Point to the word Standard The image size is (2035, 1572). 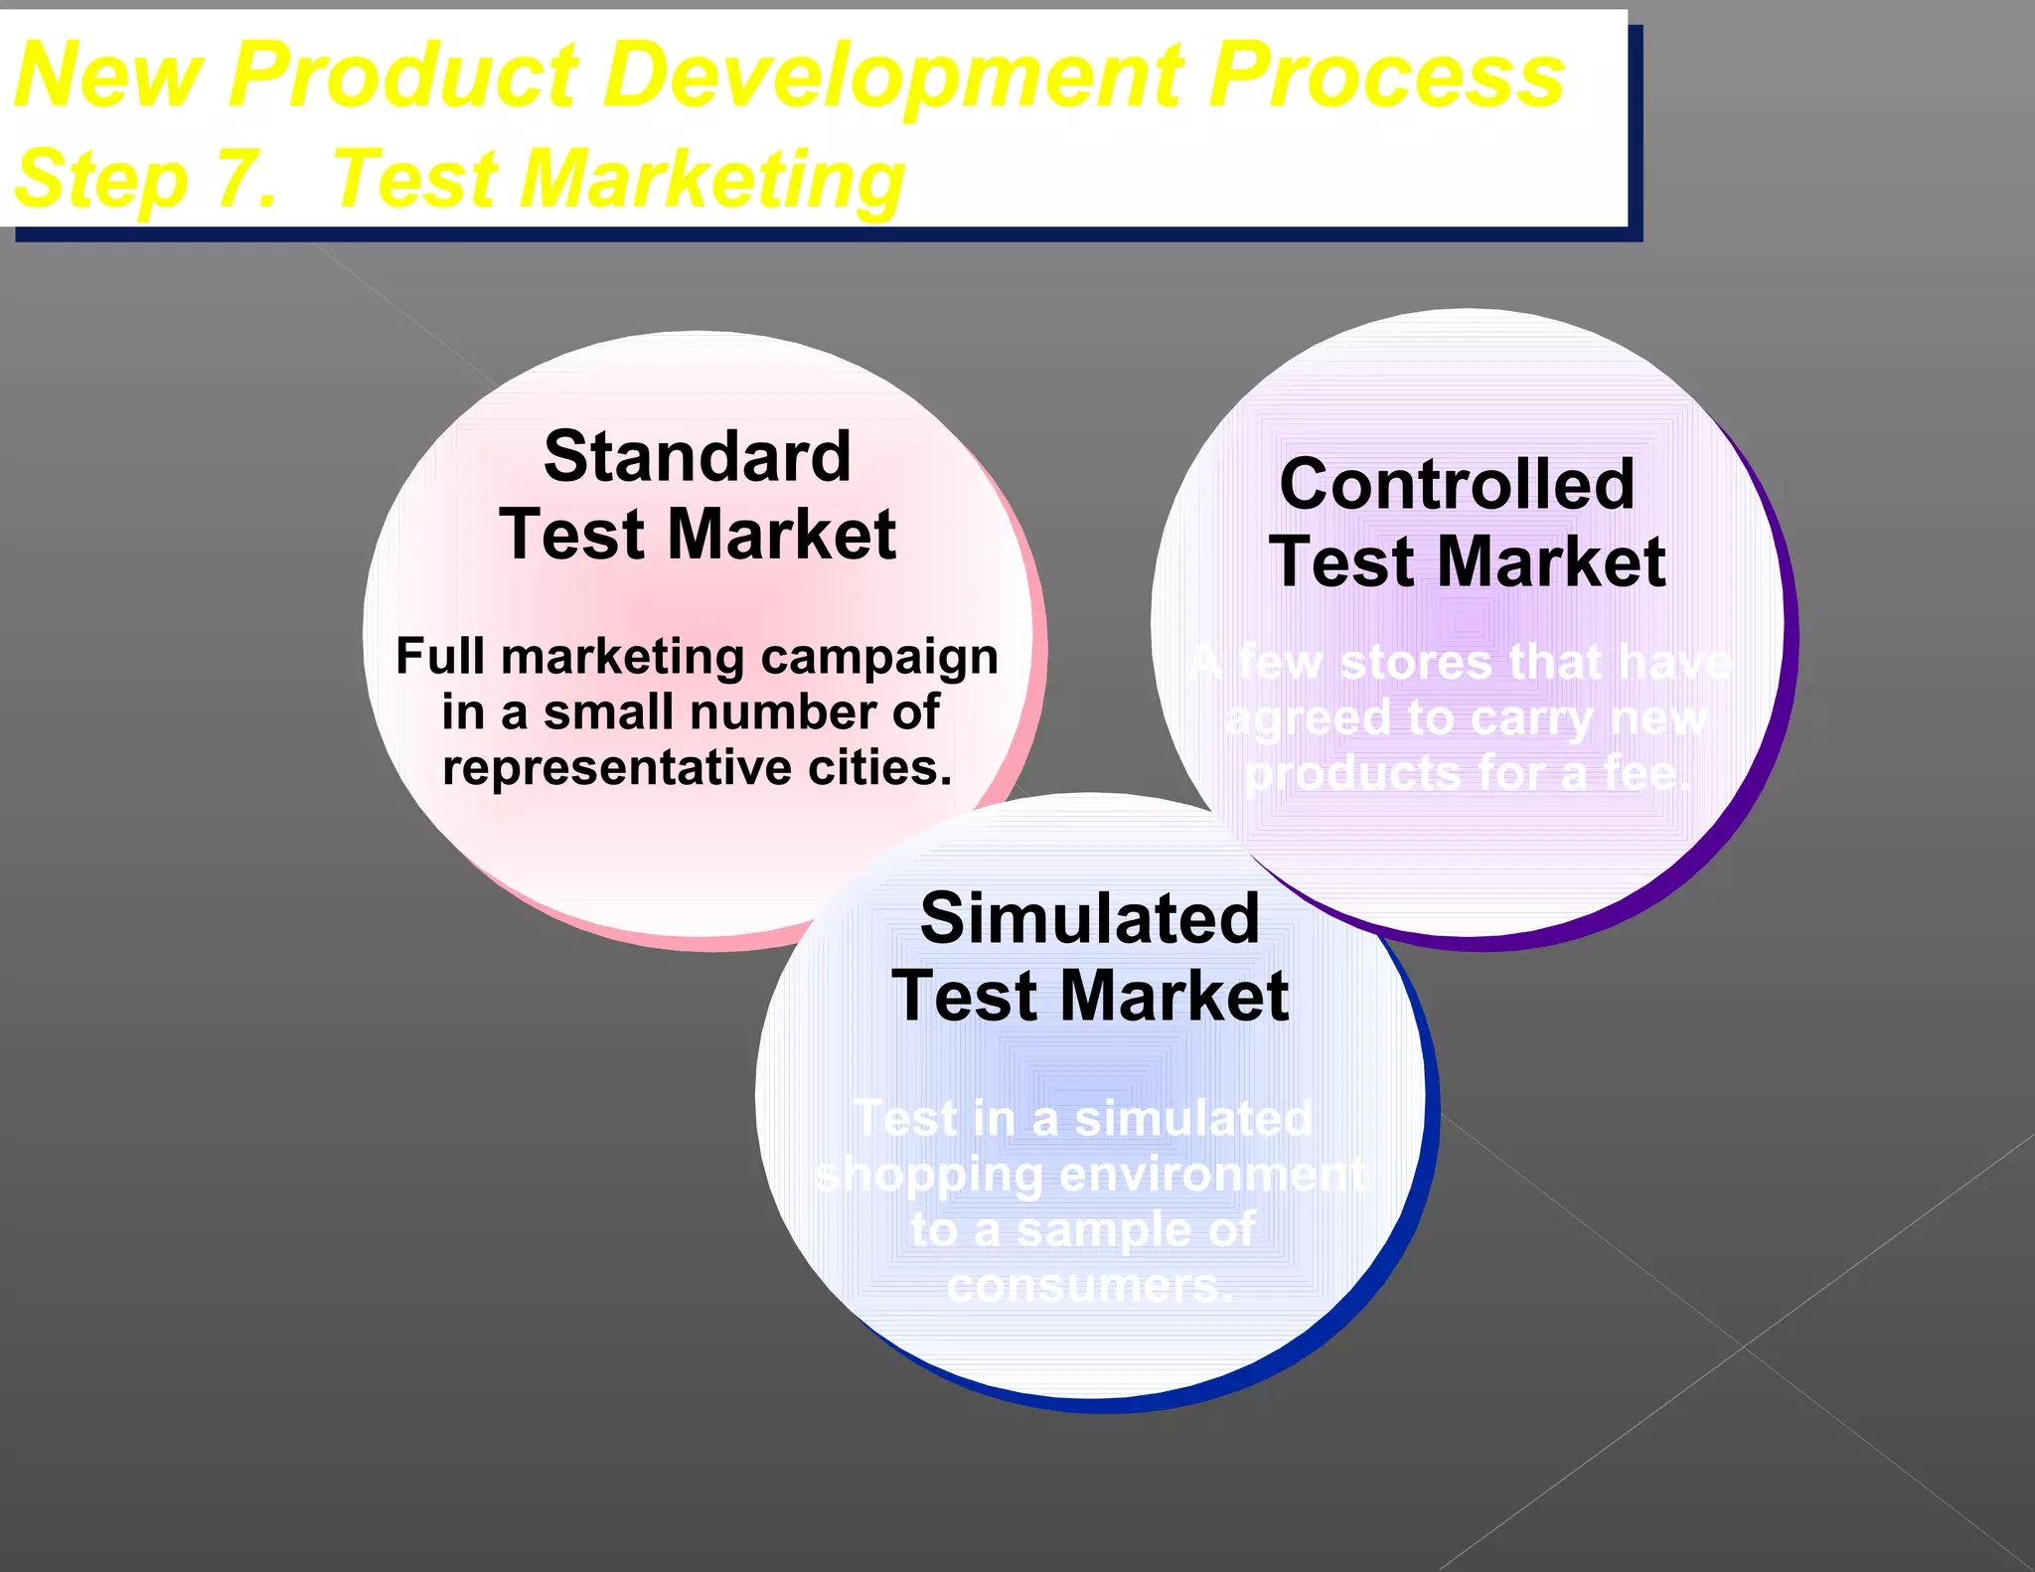(698, 457)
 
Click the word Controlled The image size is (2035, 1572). (1457, 484)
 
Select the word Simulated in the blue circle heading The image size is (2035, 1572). (1090, 917)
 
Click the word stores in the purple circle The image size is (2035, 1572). (1416, 663)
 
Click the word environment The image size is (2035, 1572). (1212, 1176)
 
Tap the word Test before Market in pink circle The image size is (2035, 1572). (571, 535)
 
